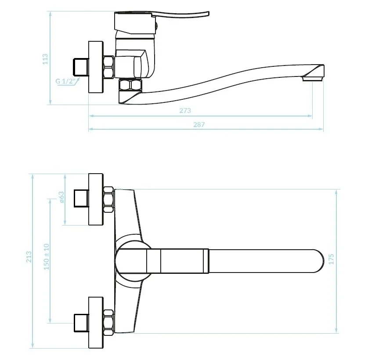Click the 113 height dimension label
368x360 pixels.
tap(45, 59)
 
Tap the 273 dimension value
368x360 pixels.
tap(185, 110)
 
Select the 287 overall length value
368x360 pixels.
tap(199, 124)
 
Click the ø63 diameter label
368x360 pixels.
tap(61, 197)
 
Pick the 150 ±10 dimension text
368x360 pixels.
tap(47, 257)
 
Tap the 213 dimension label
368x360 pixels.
tap(29, 257)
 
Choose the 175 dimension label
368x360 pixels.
tap(331, 259)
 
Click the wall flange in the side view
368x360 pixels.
tap(96, 67)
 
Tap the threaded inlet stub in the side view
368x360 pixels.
tap(81, 67)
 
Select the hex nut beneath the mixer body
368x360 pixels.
tap(130, 85)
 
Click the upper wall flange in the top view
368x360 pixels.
tap(96, 199)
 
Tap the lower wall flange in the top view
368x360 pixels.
tap(96, 323)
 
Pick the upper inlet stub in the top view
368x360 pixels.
tap(81, 199)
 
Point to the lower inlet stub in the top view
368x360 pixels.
tap(81, 323)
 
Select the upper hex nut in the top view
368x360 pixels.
tap(108, 199)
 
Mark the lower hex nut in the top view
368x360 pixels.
tap(108, 322)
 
